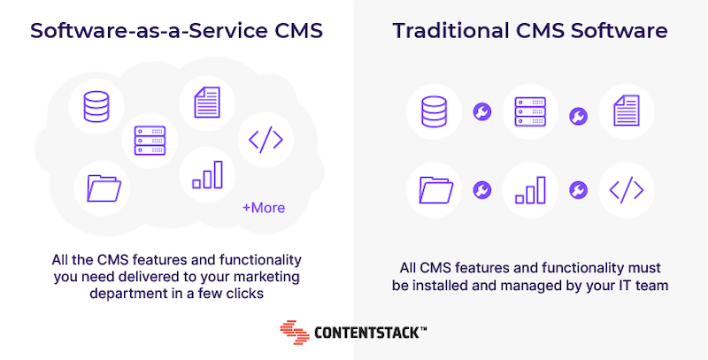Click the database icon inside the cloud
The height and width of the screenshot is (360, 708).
coord(96,106)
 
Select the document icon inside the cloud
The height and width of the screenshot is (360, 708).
coord(207,103)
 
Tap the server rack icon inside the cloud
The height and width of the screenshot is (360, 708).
coord(150,141)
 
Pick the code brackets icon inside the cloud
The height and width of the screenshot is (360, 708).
coord(266,140)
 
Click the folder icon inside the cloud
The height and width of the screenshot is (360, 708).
coord(104,188)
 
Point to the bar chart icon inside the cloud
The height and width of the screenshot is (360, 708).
coord(208,174)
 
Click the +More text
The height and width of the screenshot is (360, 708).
coord(264,208)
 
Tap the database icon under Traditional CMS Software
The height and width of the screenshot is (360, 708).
coord(434,111)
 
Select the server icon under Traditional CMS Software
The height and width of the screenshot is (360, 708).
coord(530,111)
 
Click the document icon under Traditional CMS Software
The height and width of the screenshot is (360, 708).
coord(627,111)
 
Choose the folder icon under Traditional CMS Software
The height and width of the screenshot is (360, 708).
coord(436,190)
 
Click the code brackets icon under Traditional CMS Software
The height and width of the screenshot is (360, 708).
coord(627,190)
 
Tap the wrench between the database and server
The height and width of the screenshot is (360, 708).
coord(482,111)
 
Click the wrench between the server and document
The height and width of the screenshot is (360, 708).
coord(579,116)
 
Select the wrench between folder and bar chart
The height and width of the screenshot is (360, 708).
coord(482,190)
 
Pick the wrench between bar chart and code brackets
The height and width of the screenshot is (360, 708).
coord(579,190)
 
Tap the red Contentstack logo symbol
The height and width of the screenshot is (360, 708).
coord(295,333)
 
